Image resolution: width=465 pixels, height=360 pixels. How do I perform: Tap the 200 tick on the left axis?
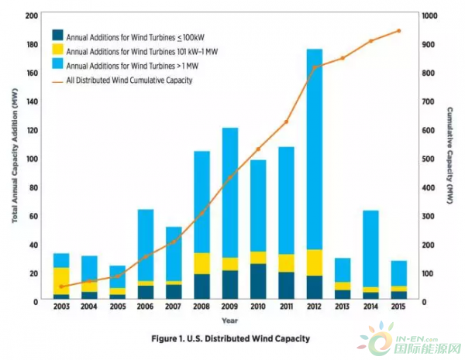tap(32, 15)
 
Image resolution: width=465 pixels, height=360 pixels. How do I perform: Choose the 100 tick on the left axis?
tap(32, 159)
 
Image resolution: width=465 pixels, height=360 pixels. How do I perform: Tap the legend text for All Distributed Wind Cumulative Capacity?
tap(130, 80)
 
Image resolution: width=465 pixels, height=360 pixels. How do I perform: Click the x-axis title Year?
tap(229, 320)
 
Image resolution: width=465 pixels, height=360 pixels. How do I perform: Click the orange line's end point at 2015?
tap(399, 31)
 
